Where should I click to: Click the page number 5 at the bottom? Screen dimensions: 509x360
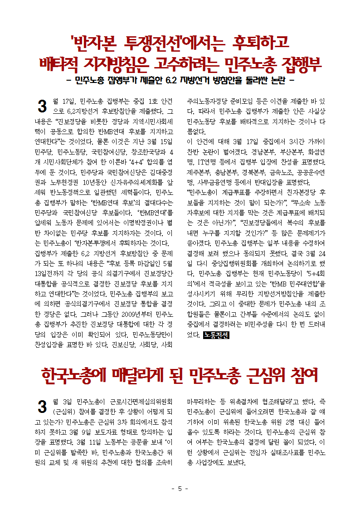[x=180, y=488]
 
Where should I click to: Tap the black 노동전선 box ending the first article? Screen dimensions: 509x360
[x=216, y=335]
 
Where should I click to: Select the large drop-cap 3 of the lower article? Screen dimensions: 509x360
[x=42, y=406]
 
